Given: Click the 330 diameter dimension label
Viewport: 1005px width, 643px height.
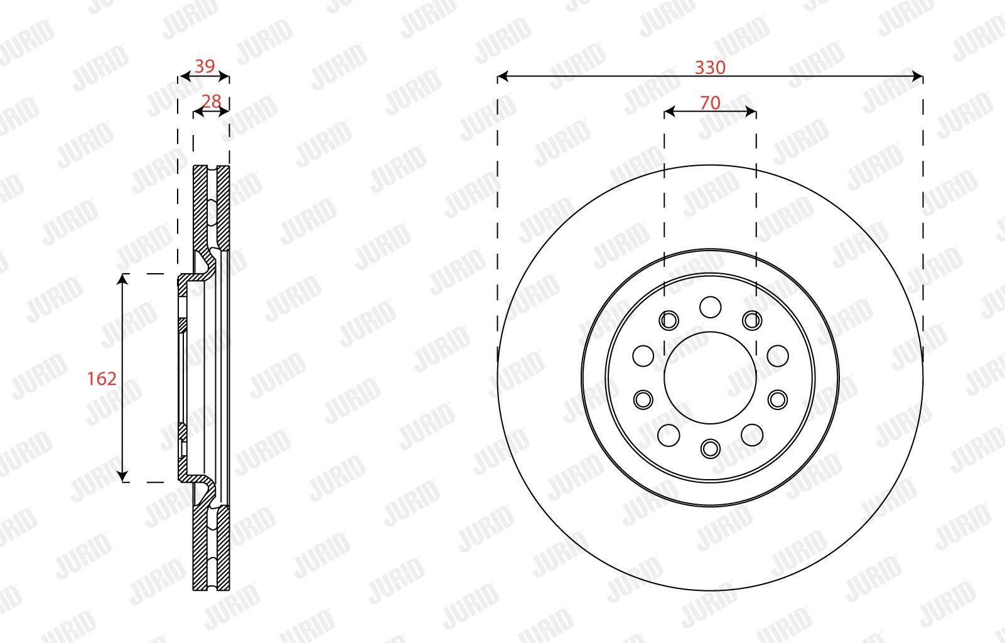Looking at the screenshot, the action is tap(710, 67).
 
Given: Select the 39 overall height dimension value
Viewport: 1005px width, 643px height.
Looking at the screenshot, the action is tap(205, 67).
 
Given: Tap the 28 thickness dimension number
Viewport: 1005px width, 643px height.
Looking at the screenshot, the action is tap(211, 101).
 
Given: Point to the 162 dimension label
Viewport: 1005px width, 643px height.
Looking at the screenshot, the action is tap(102, 379).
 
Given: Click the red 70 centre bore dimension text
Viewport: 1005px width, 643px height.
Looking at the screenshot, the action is tap(710, 103).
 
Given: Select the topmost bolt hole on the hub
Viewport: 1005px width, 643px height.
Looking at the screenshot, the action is tap(710, 307).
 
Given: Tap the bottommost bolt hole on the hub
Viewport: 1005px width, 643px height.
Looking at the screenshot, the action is tap(710, 448).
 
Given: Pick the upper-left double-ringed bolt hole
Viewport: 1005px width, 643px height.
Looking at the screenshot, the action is tap(669, 320).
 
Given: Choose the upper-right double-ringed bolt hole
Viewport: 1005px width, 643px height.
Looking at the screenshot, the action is tap(752, 320).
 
